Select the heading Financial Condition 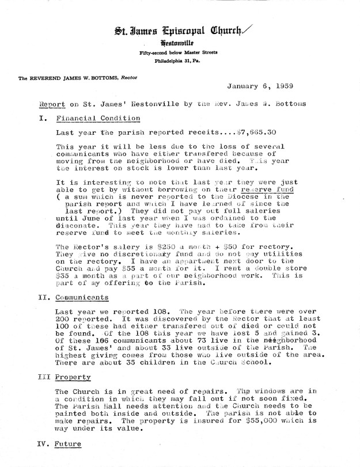pyautogui.click(x=98, y=118)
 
